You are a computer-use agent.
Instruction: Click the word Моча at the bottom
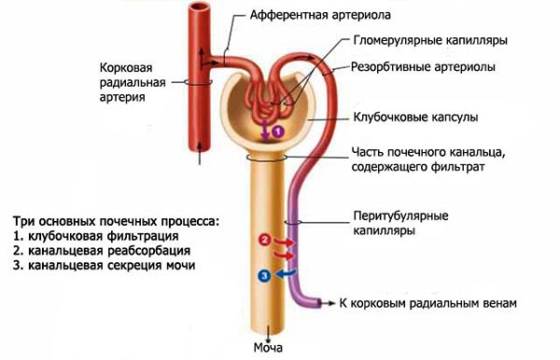[270, 349]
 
